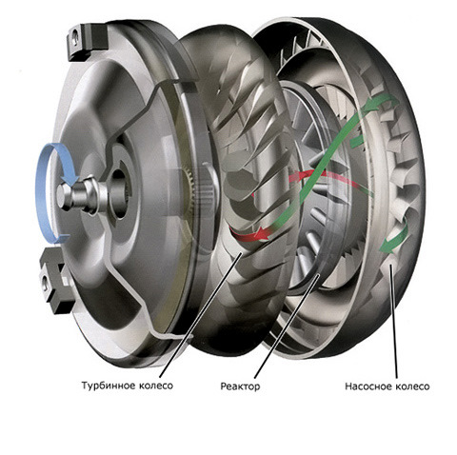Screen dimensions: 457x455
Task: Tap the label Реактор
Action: [x=240, y=386]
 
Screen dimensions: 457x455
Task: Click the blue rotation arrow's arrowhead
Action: [x=70, y=178]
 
